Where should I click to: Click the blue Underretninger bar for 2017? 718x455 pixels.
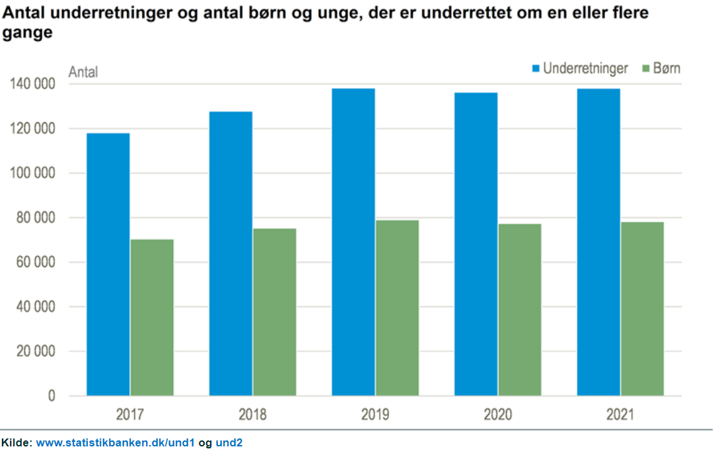[108, 264]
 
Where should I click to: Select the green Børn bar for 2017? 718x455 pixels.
[152, 317]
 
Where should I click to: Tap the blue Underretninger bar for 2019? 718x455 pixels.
[353, 242]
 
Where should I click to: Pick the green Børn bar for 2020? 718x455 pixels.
[520, 310]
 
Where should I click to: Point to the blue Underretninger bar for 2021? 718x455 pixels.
[598, 242]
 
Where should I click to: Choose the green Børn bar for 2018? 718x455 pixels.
[275, 312]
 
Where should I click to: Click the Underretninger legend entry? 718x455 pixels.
[580, 69]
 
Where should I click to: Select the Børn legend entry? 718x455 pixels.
[662, 69]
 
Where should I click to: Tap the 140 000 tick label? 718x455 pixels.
[32, 83]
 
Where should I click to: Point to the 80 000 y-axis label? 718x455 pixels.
[36, 218]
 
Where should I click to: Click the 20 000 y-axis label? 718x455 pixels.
[36, 351]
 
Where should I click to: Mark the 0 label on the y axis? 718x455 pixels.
[52, 395]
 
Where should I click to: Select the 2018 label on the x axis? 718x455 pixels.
[252, 415]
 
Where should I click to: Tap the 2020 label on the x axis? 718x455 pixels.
[498, 415]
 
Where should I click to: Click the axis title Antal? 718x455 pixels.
[83, 72]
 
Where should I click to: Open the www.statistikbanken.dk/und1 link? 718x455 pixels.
[116, 443]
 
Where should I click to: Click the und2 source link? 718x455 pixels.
[229, 443]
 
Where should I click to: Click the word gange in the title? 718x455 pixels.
[28, 33]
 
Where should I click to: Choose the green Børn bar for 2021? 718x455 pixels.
[643, 309]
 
